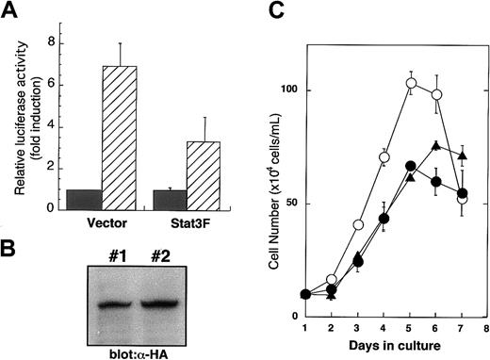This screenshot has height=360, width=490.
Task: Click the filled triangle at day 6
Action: pyautogui.click(x=409, y=145)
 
